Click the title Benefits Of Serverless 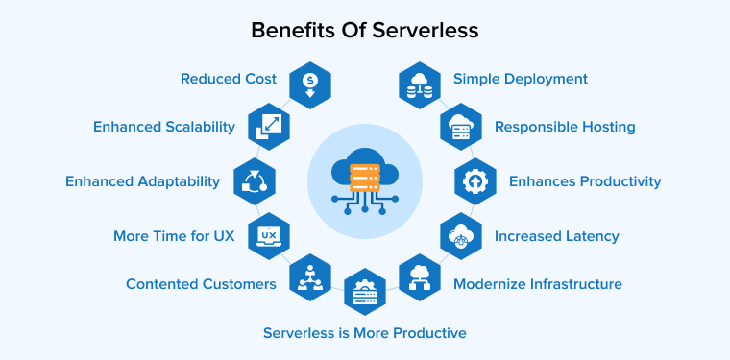pyautogui.click(x=364, y=30)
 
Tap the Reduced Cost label pyautogui.click(x=229, y=79)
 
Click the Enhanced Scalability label pyautogui.click(x=163, y=127)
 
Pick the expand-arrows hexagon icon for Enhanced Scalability pyautogui.click(x=268, y=126)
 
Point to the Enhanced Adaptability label pyautogui.click(x=142, y=181)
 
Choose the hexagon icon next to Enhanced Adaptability pyautogui.click(x=255, y=181)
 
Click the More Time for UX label pyautogui.click(x=174, y=235)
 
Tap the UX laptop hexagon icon pyautogui.click(x=269, y=235)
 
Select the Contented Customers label pyautogui.click(x=201, y=284)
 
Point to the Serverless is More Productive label pyautogui.click(x=365, y=333)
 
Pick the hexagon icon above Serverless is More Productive pyautogui.click(x=365, y=292)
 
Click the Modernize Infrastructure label pyautogui.click(x=537, y=284)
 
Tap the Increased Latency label pyautogui.click(x=557, y=235)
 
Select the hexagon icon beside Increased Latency pyautogui.click(x=461, y=235)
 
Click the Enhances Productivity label pyautogui.click(x=585, y=181)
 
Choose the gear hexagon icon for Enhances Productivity pyautogui.click(x=474, y=181)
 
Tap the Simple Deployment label pyautogui.click(x=521, y=79)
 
